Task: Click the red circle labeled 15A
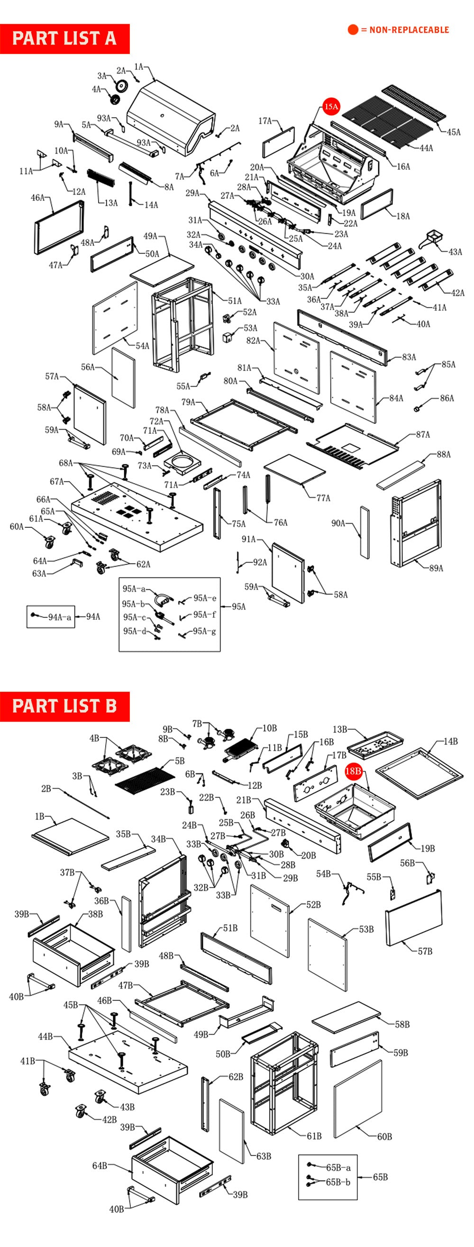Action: click(331, 107)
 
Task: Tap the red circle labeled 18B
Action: click(354, 770)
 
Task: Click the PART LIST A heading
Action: click(64, 38)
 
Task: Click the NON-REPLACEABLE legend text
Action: click(409, 30)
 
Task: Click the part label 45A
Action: click(453, 132)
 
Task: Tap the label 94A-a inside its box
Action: click(59, 617)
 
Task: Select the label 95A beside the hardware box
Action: click(238, 606)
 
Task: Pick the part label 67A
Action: click(57, 481)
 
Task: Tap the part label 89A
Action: click(436, 568)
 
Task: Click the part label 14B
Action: click(450, 741)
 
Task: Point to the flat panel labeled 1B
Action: click(70, 836)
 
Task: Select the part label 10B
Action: click(269, 728)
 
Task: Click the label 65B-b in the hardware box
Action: click(338, 1182)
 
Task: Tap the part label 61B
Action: click(314, 1136)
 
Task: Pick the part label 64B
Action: click(99, 1165)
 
